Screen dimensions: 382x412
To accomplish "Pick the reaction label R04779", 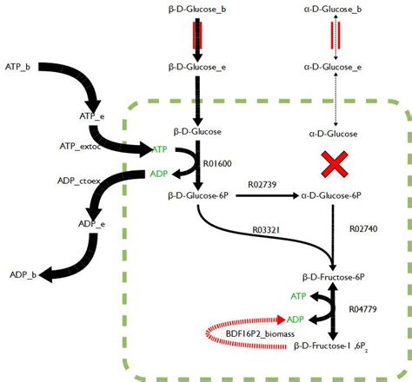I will pos(366,308).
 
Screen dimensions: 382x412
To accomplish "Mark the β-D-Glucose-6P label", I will pos(197,197).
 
